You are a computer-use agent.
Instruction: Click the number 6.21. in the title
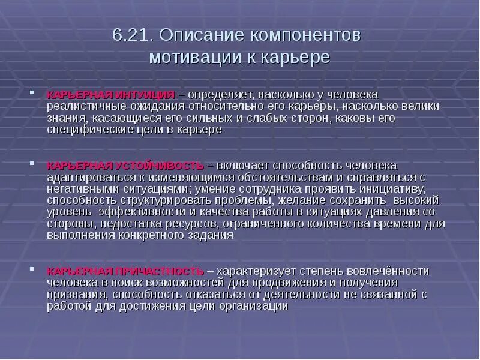coord(133,35)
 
